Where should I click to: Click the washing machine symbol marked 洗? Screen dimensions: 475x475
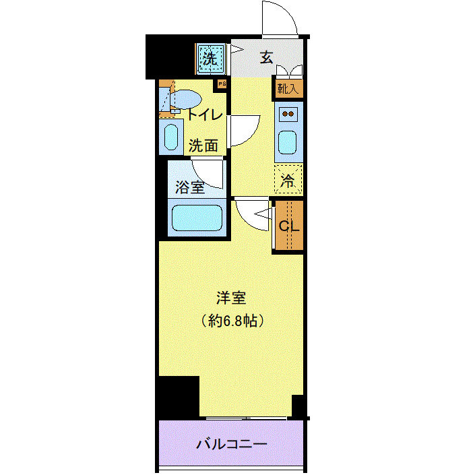tap(211, 59)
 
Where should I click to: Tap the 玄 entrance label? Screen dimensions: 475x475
tap(267, 57)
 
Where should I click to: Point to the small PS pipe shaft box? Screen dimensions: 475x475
tap(220, 84)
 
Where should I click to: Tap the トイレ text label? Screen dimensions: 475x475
tap(205, 115)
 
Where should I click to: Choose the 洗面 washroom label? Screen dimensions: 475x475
tap(203, 145)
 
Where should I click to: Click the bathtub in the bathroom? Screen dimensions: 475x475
tap(197, 218)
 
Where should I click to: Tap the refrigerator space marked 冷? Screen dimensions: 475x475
tap(288, 180)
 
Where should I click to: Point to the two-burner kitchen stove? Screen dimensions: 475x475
tap(288, 114)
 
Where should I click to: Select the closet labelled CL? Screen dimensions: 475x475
tap(288, 226)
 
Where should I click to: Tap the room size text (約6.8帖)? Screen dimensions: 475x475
tap(231, 320)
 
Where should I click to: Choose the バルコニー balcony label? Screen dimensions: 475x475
tap(232, 445)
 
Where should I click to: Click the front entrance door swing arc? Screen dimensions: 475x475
tap(279, 17)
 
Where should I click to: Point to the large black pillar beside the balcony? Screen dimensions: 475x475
tap(178, 398)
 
